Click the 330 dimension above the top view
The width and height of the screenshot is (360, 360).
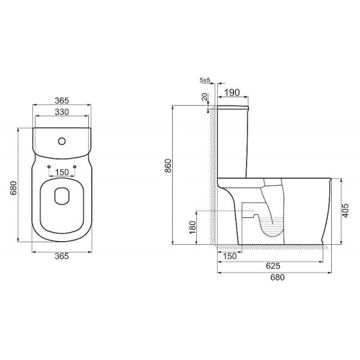(62, 112)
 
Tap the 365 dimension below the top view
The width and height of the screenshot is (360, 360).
(62, 256)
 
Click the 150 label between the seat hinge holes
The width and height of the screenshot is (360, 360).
(62, 172)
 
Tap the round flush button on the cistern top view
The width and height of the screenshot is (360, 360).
(62, 142)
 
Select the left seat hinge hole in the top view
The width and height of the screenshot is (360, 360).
(49, 164)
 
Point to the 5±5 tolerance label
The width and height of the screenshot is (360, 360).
(204, 80)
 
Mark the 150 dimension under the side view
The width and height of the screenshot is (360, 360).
(228, 256)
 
